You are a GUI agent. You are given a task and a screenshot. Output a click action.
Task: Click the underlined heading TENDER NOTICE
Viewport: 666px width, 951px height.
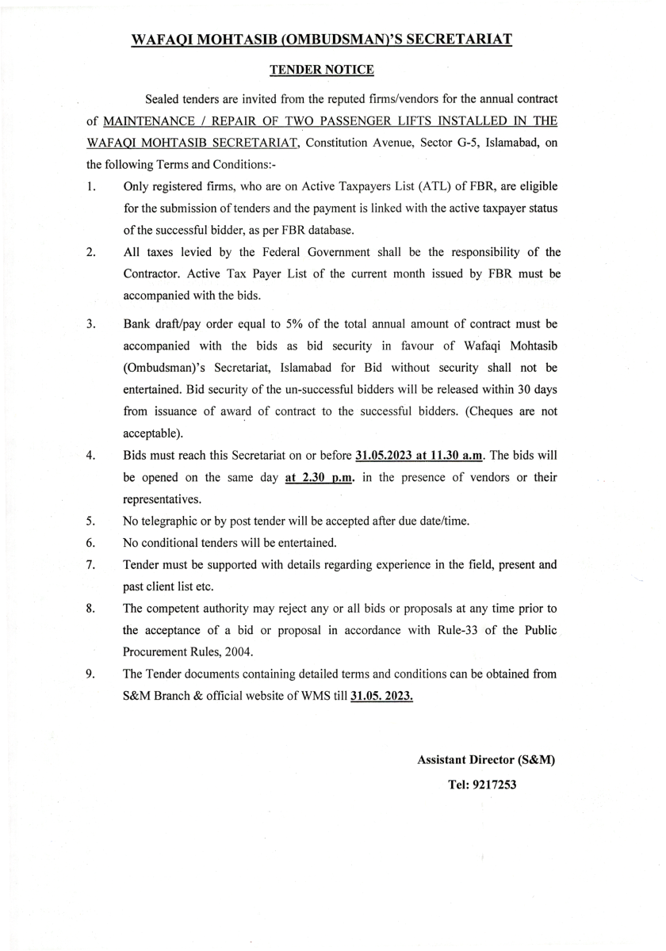pos(321,70)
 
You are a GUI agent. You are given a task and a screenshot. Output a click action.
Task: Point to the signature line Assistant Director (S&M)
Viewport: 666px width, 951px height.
pos(486,759)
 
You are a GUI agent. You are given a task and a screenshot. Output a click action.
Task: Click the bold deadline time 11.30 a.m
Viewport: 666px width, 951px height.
pos(451,456)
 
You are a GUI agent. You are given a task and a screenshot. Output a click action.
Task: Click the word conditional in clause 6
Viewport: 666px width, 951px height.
pos(174,543)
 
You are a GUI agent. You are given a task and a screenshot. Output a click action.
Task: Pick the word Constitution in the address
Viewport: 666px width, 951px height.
pos(336,143)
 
